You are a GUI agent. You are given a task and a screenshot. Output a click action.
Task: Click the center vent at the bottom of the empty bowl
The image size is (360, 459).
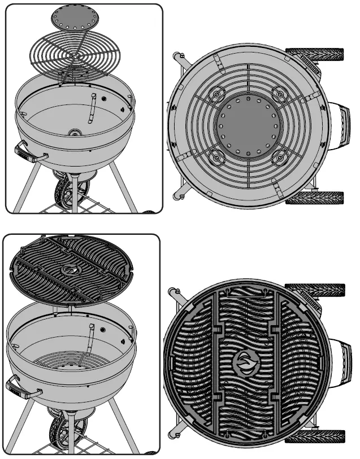pos(75,132)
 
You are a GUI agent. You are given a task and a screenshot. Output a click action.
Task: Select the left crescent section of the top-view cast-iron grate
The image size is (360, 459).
pos(189,362)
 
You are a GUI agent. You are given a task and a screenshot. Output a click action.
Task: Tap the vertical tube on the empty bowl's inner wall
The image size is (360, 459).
pos(89,107)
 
